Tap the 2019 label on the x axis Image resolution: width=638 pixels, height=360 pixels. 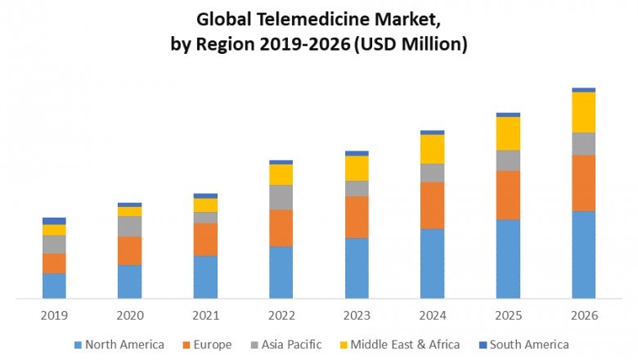click(x=54, y=315)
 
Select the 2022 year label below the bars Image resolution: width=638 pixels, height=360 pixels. click(x=281, y=315)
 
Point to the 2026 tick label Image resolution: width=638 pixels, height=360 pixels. click(x=583, y=315)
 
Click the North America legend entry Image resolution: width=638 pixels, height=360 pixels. click(x=124, y=344)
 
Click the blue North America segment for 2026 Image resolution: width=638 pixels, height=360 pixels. click(x=583, y=254)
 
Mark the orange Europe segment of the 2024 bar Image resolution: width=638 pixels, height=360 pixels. click(x=432, y=205)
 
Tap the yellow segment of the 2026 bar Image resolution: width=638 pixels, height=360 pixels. click(x=583, y=112)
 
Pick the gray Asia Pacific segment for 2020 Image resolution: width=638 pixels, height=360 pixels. click(x=129, y=226)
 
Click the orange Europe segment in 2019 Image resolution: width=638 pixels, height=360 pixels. click(x=54, y=263)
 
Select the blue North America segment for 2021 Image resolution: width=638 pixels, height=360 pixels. click(x=205, y=277)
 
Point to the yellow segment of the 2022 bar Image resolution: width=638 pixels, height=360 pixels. click(x=281, y=174)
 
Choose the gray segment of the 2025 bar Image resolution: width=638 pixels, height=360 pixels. click(x=508, y=160)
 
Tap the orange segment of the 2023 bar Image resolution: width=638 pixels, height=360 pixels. click(x=357, y=217)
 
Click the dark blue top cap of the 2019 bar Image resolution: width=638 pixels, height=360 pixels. click(x=54, y=221)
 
